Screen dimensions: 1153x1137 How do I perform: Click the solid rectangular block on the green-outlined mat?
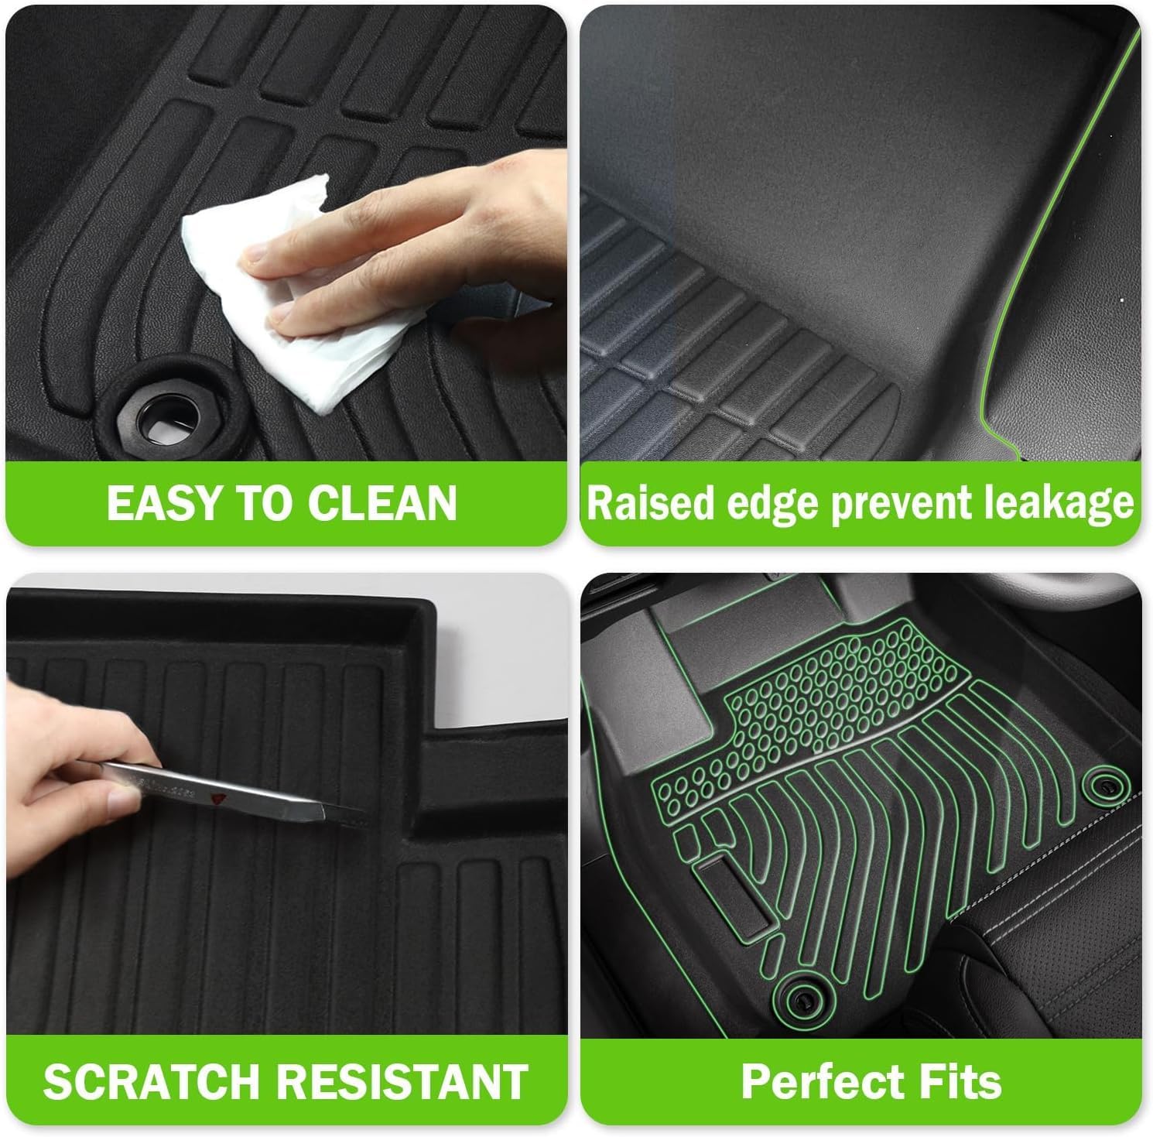[x=733, y=892]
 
